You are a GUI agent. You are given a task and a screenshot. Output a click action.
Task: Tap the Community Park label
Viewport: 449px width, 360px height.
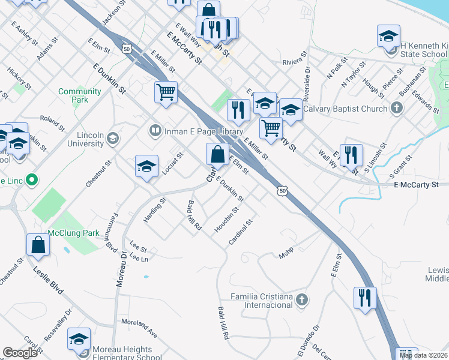[x=79, y=95]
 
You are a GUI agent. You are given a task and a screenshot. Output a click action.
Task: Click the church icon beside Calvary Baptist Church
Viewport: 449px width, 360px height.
[x=396, y=108]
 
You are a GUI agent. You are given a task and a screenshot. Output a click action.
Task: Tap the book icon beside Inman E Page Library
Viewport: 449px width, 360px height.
[x=155, y=130]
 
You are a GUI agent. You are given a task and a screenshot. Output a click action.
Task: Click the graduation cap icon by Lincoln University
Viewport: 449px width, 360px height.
[x=112, y=139]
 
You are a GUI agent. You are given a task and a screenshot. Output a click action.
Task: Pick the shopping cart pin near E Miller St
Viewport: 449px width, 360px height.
[x=166, y=94]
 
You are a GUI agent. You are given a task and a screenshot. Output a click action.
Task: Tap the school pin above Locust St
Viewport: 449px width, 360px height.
[x=146, y=167]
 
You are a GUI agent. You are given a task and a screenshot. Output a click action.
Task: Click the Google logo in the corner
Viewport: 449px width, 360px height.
[x=20, y=353]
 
